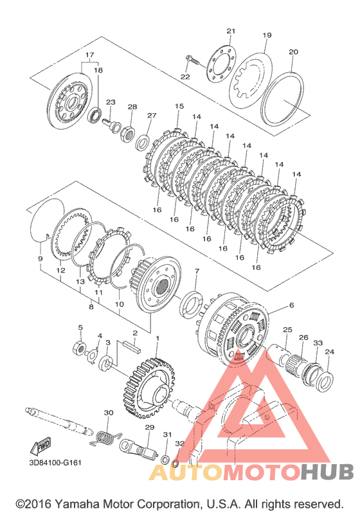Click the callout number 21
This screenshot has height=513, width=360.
231,31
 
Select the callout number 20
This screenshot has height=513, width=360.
293,51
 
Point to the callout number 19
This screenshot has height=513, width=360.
267,35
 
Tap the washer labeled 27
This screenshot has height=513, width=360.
143,141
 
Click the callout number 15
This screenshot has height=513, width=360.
179,106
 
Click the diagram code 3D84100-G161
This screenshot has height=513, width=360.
55,463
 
